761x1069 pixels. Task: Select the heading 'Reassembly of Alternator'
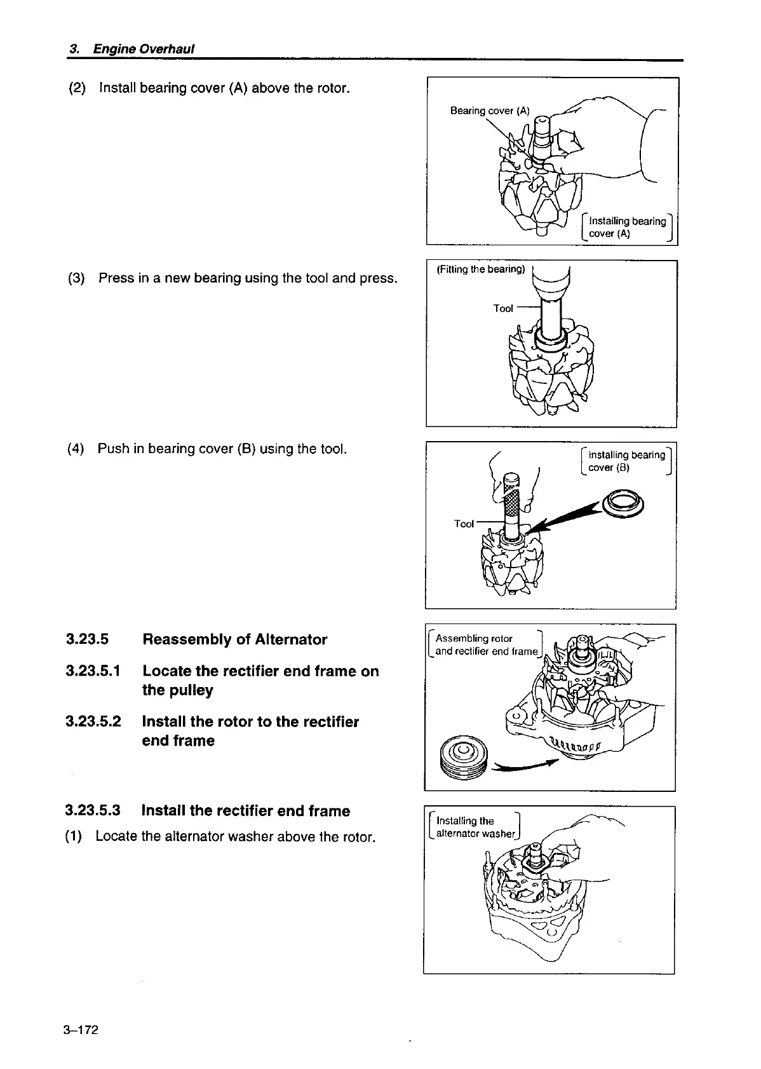coord(234,639)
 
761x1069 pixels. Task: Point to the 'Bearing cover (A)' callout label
coord(489,111)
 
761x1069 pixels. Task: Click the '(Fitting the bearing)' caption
coord(481,269)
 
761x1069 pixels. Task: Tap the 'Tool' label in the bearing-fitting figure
coord(502,308)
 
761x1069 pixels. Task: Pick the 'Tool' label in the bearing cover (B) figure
coord(464,524)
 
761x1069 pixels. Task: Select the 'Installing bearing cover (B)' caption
coord(626,461)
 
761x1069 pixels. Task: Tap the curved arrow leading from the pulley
coord(525,766)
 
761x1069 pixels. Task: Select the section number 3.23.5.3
coord(93,811)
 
